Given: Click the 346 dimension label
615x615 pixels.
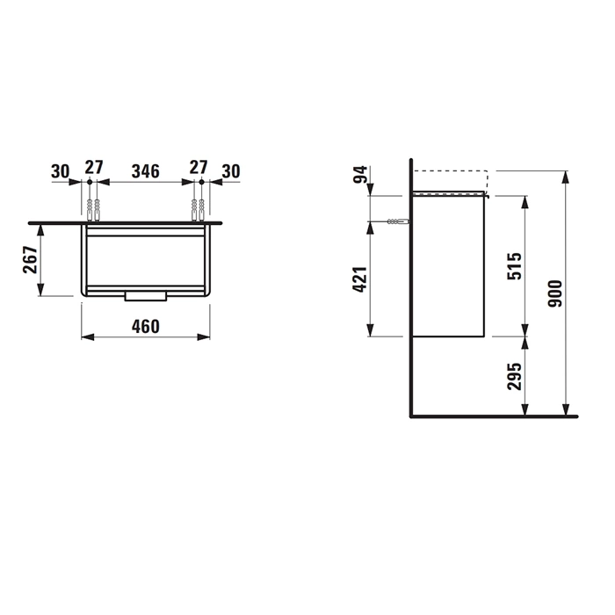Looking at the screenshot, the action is coord(146,171).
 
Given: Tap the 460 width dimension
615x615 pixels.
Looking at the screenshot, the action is coord(146,326).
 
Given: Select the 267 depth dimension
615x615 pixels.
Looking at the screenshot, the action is coord(31,260).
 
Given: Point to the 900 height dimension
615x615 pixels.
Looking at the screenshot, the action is coord(555,293).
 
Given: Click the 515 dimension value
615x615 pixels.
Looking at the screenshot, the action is coord(515,266).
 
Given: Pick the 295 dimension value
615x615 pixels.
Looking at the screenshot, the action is coord(515,377).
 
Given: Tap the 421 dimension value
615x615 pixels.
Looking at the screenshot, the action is coord(360,279).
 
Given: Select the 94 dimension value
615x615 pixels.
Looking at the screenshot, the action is coord(360,175).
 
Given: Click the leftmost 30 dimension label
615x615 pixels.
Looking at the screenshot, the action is coord(61,171).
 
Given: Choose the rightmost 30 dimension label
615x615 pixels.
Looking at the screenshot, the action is coord(231,171).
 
